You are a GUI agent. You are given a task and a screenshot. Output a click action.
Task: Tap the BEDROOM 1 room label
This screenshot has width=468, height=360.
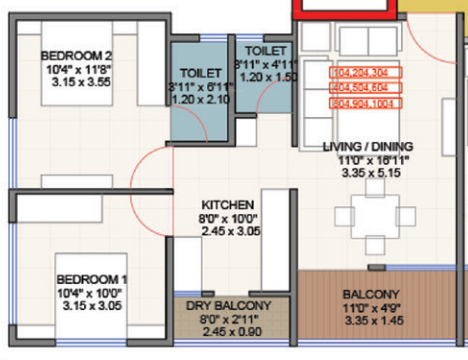[91, 278]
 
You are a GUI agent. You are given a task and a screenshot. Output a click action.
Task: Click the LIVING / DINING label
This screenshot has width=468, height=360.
[368, 147]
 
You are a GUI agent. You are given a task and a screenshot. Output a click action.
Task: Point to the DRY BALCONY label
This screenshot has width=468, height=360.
[229, 306]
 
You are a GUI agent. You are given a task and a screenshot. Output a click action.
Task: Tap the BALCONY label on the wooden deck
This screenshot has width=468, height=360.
[365, 294]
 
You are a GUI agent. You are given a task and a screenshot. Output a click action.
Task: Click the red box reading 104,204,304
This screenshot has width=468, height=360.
[365, 73]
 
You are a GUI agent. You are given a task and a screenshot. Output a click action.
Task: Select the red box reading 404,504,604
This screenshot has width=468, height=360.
[365, 87]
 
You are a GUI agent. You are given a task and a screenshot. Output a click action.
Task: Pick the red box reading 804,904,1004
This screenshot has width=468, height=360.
[365, 102]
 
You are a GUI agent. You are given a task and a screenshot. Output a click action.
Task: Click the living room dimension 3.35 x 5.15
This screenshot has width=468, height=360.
[368, 173]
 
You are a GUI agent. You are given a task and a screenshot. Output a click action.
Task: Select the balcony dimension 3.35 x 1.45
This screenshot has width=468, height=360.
[365, 322]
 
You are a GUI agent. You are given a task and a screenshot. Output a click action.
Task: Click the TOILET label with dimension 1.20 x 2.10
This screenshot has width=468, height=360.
[201, 74]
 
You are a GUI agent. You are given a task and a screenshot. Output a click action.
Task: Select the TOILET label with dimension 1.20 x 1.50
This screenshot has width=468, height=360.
[267, 50]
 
